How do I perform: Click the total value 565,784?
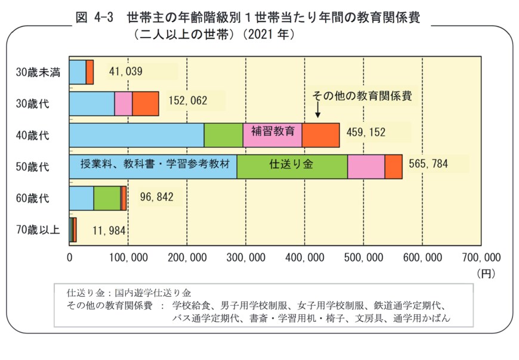pyautogui.click(x=428, y=164)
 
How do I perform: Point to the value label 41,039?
pyautogui.click(x=125, y=72)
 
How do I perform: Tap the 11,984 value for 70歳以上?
pyautogui.click(x=109, y=230)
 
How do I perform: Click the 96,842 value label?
pyautogui.click(x=156, y=197)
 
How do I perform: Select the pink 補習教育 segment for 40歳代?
pyautogui.click(x=272, y=135)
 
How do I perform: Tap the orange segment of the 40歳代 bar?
pyautogui.click(x=320, y=135)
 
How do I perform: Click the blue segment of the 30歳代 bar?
pyautogui.click(x=92, y=104)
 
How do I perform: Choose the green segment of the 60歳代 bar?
pyautogui.click(x=107, y=198)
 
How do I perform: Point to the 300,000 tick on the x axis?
pyautogui.click(x=246, y=257)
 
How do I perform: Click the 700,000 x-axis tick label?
pyautogui.click(x=481, y=257)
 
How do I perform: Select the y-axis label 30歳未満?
pyautogui.click(x=38, y=72)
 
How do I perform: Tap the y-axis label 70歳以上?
pyautogui.click(x=38, y=229)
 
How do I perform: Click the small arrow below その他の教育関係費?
pyautogui.click(x=318, y=110)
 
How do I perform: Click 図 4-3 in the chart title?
pyautogui.click(x=95, y=18)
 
